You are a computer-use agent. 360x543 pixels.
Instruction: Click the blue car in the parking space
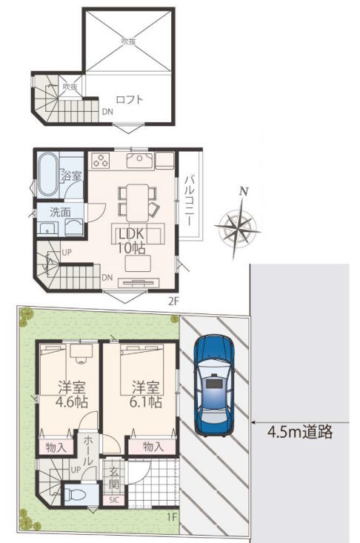[213, 386]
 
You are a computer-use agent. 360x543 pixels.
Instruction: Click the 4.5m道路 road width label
[300, 432]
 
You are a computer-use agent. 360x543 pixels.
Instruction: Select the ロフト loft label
[130, 100]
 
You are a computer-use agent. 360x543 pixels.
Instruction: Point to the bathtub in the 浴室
[47, 175]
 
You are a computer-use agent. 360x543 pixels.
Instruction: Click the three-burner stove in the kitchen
[101, 160]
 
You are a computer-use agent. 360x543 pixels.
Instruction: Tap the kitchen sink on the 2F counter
[140, 160]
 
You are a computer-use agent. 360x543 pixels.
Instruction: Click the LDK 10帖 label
[132, 241]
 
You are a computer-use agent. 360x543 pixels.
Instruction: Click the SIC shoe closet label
[114, 500]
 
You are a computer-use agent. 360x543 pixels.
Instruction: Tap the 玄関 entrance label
[114, 479]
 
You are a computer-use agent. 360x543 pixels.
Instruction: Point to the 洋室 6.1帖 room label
[146, 394]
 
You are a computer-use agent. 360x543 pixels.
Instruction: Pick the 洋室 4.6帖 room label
[72, 394]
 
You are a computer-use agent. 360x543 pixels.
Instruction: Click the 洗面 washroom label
[60, 212]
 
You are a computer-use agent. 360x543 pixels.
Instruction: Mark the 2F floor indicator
[173, 302]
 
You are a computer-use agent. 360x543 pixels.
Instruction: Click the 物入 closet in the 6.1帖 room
[153, 447]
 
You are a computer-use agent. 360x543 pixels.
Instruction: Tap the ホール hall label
[88, 450]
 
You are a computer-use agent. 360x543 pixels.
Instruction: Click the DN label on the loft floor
[107, 112]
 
